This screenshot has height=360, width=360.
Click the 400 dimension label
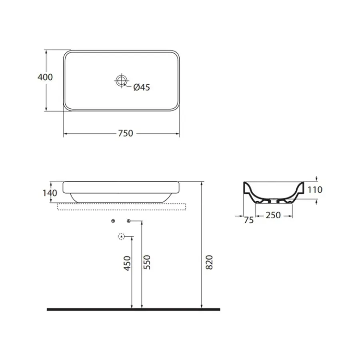[45, 77]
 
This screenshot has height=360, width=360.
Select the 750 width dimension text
[126, 133]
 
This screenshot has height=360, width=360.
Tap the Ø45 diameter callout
[142, 87]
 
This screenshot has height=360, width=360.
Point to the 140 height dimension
[50, 193]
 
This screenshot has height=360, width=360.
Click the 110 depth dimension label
[315, 190]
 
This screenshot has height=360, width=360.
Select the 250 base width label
[273, 215]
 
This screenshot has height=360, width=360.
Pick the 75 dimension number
[249, 220]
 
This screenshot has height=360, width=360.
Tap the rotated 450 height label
[127, 263]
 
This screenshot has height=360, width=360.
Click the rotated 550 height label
[147, 262]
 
